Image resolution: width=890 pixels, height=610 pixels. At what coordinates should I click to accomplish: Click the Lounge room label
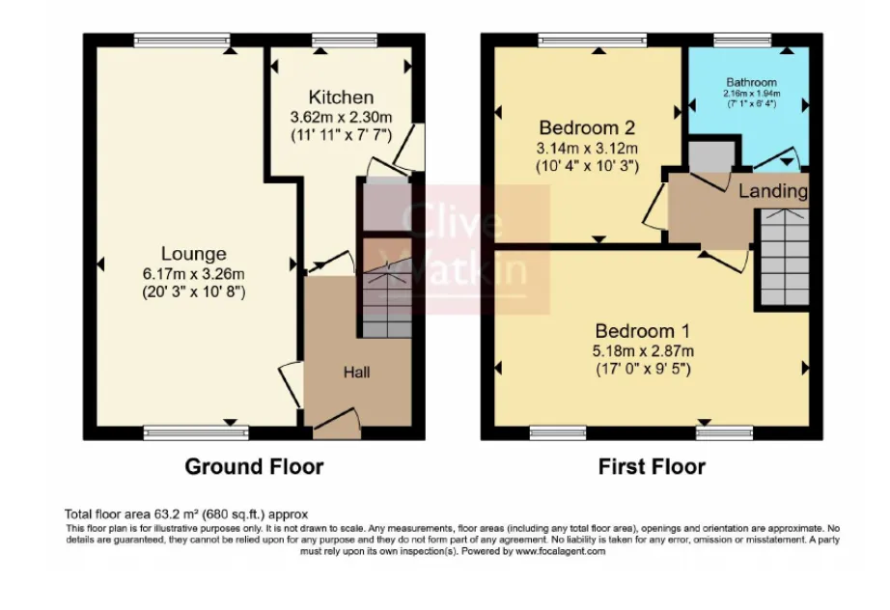pyautogui.click(x=194, y=254)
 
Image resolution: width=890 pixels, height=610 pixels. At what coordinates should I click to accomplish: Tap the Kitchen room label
pyautogui.click(x=341, y=97)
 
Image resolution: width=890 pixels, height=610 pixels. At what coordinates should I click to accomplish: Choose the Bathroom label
pyautogui.click(x=750, y=82)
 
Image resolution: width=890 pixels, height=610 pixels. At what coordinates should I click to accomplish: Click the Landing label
pyautogui.click(x=772, y=191)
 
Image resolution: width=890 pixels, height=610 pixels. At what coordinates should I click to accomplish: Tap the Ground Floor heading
pyautogui.click(x=253, y=467)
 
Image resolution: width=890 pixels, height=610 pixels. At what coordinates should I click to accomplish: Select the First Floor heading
pyautogui.click(x=652, y=467)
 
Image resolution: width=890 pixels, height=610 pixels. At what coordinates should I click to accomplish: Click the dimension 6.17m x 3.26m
pyautogui.click(x=194, y=273)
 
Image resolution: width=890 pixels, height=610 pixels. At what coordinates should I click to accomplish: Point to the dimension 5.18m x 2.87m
pyautogui.click(x=644, y=348)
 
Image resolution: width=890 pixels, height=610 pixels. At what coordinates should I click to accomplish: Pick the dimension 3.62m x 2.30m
pyautogui.click(x=341, y=117)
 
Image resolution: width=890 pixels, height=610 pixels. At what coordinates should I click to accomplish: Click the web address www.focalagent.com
pyautogui.click(x=560, y=551)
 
